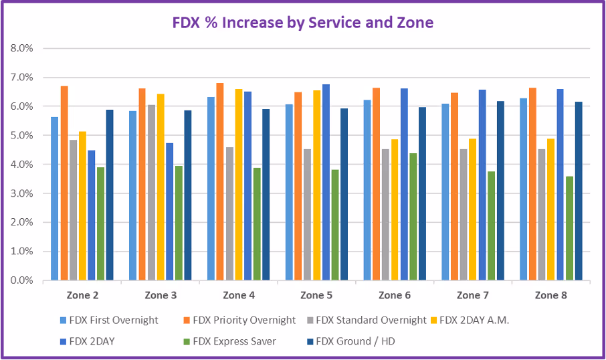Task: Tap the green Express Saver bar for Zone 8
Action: click(569, 228)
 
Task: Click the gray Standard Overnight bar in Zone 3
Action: click(151, 193)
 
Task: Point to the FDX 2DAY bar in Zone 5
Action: click(326, 182)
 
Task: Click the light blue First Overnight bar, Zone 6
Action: click(367, 190)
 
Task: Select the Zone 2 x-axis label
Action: click(82, 295)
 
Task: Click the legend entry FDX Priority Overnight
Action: click(244, 320)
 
